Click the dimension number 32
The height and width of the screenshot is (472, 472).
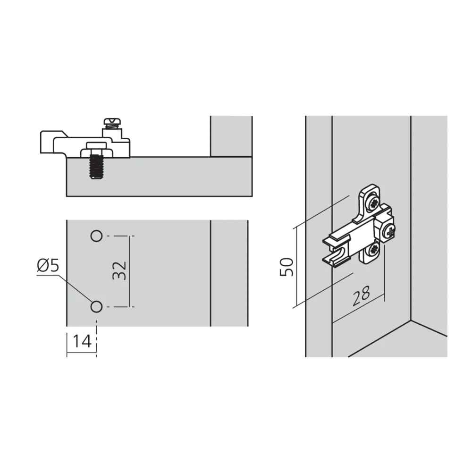point(120,270)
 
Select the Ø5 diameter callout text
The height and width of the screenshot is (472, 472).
point(48,266)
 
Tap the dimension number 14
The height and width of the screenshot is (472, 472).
point(82,341)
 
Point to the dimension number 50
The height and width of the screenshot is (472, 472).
point(287,267)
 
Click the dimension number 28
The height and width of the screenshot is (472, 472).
point(361,295)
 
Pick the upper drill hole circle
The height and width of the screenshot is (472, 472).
point(96,236)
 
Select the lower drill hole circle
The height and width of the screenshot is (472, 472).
point(96,307)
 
